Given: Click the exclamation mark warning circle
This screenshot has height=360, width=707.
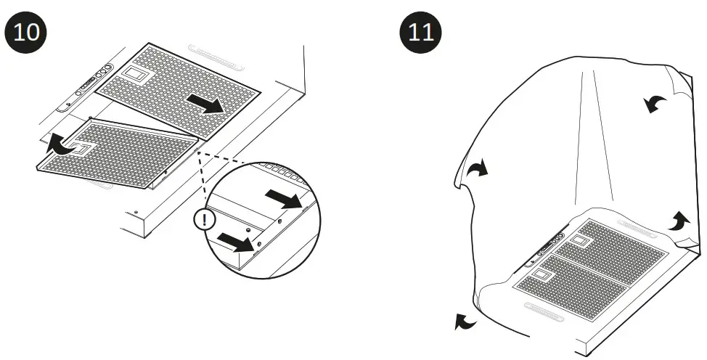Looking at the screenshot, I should (x=205, y=220).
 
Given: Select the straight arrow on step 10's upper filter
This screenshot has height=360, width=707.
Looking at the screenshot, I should (x=203, y=103).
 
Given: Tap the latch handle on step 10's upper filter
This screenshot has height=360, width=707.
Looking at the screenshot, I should (x=134, y=74).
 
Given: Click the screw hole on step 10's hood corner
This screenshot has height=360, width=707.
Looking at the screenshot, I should (x=136, y=211).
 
